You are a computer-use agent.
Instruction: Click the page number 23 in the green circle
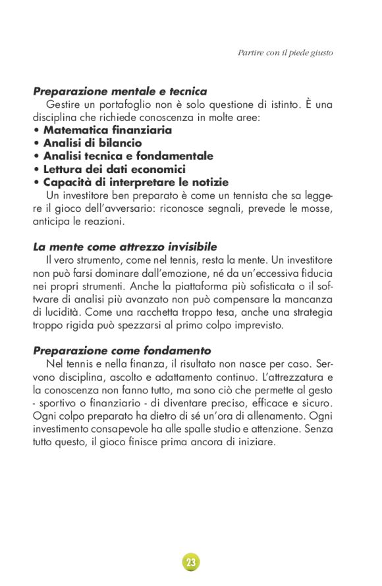[191, 562]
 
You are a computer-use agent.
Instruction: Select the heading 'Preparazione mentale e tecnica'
[120, 91]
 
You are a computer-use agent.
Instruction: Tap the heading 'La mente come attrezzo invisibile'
[124, 247]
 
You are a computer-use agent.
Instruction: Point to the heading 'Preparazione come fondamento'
[122, 351]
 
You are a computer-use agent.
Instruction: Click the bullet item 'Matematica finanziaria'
[107, 130]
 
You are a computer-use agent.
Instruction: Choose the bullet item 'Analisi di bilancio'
[92, 143]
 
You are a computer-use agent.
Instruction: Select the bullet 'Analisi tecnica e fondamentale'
[128, 156]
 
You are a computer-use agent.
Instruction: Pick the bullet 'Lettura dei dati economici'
[114, 169]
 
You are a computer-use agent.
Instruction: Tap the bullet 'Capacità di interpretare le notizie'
[136, 182]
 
